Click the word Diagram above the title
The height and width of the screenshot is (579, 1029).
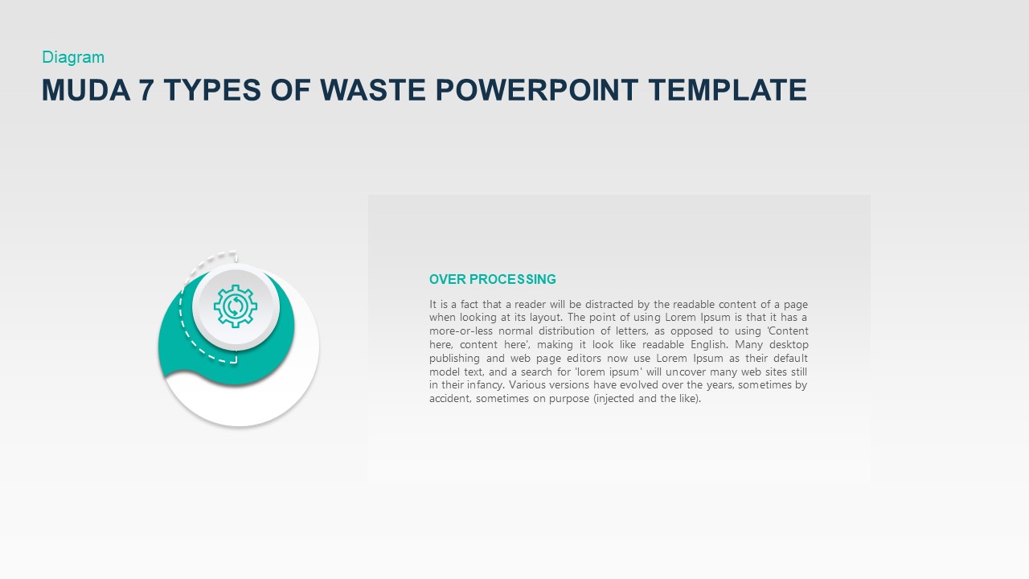pyautogui.click(x=73, y=57)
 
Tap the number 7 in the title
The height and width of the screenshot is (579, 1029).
pyautogui.click(x=146, y=90)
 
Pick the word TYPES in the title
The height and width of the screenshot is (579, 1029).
pyautogui.click(x=211, y=90)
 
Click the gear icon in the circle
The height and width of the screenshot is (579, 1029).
pyautogui.click(x=236, y=306)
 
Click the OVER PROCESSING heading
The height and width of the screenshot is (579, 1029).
pyautogui.click(x=492, y=279)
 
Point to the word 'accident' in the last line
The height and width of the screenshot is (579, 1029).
pyautogui.click(x=449, y=399)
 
